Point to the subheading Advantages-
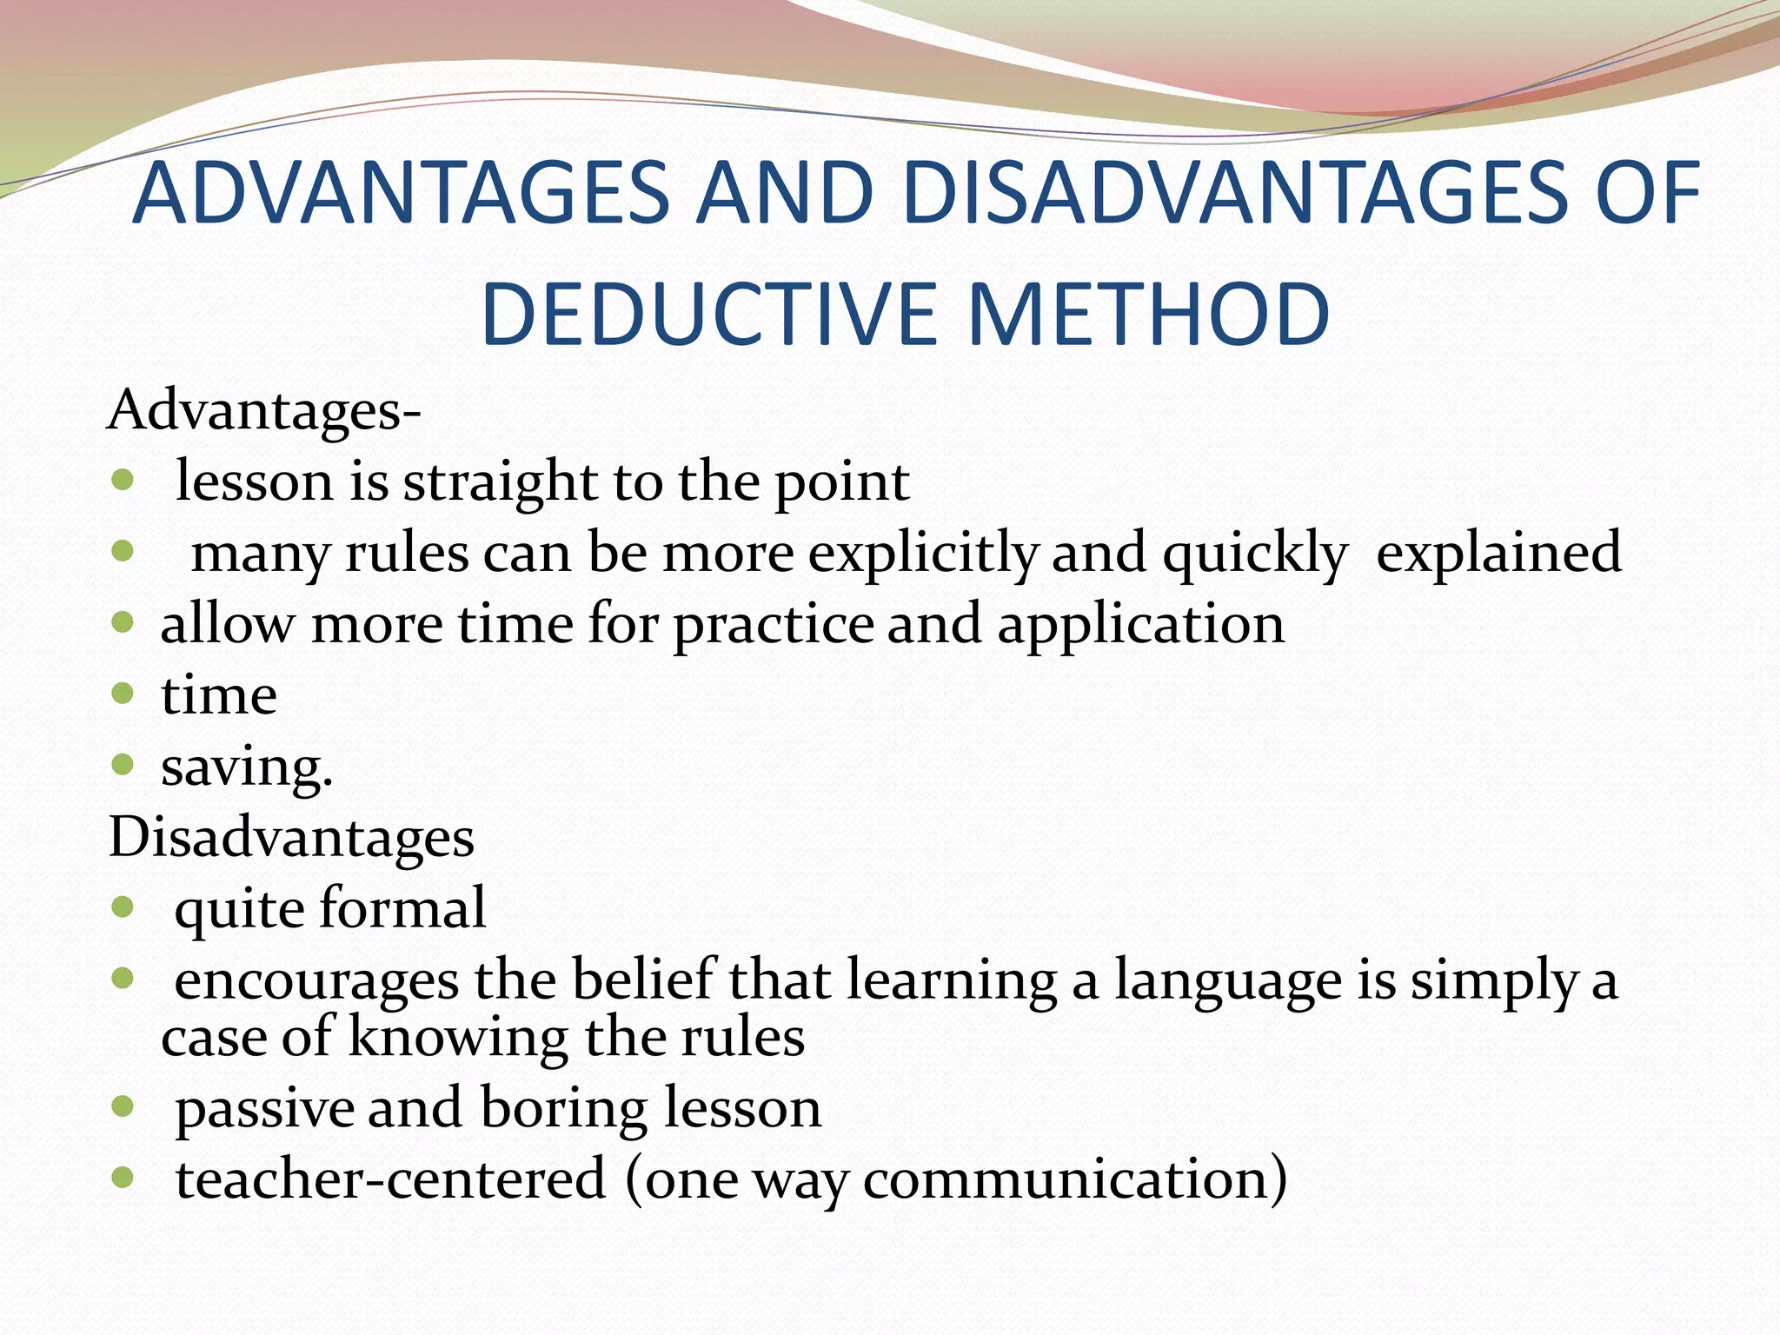(x=264, y=410)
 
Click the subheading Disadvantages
(x=291, y=838)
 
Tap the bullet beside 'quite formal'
(x=123, y=908)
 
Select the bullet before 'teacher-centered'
(x=123, y=1179)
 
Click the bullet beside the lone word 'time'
(x=123, y=694)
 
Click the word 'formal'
(x=402, y=908)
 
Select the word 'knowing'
(x=459, y=1038)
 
